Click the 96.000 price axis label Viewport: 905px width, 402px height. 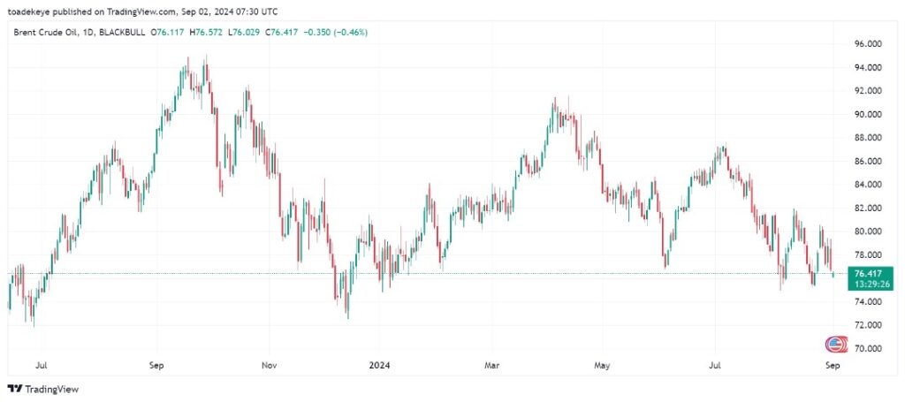[x=868, y=44]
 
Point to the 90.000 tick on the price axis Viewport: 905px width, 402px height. [x=868, y=114]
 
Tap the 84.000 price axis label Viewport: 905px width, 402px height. [x=868, y=185]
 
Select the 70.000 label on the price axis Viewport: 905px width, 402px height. [x=868, y=348]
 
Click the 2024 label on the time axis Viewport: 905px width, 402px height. [x=380, y=365]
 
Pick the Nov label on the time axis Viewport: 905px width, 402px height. [x=270, y=365]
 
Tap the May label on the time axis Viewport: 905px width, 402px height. [x=603, y=365]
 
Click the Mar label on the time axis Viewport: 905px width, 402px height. [x=491, y=365]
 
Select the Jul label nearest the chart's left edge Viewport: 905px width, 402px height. [x=41, y=365]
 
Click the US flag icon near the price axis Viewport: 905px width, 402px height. [x=834, y=344]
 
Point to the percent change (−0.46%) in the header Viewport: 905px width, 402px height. [x=350, y=32]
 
